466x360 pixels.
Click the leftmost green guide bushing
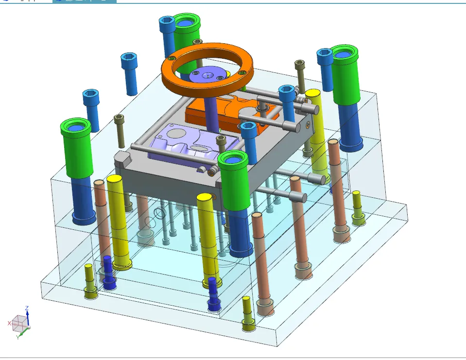coord(76,148)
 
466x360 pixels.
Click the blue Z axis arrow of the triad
coord(27,313)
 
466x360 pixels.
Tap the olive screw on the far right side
coord(357,206)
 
